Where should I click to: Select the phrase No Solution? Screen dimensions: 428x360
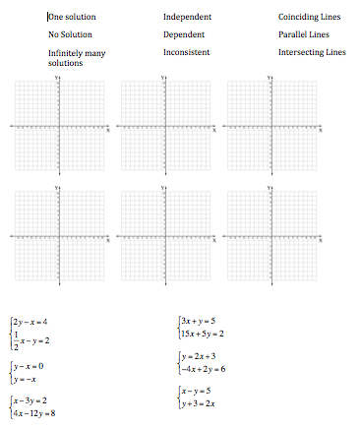(70, 34)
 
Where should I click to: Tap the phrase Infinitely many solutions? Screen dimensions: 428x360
(78, 56)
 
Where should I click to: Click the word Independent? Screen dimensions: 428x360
(187, 18)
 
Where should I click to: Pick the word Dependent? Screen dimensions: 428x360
(184, 34)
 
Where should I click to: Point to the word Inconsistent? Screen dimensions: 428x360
(186, 51)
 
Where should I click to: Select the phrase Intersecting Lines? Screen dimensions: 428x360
(313, 51)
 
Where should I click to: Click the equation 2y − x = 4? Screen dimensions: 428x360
(30, 322)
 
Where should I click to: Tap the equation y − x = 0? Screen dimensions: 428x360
(29, 366)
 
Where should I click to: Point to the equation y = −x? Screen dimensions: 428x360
(27, 379)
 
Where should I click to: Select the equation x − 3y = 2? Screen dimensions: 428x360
(30, 400)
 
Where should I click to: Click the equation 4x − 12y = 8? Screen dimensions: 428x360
(34, 413)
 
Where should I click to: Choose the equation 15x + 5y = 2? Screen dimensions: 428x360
(203, 334)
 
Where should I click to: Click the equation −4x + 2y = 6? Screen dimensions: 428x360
(203, 369)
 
